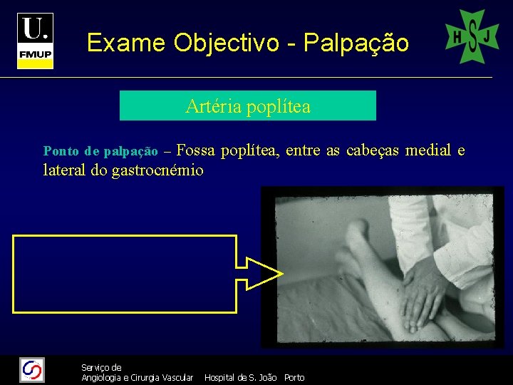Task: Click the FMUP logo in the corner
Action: (36, 41)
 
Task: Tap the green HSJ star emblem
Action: (472, 36)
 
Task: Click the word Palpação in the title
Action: (356, 43)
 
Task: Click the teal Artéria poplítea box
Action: (247, 106)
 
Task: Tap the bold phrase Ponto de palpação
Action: (100, 151)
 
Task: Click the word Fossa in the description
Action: (195, 150)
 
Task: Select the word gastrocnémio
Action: (157, 170)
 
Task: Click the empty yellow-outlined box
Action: (125, 274)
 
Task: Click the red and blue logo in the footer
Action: (32, 370)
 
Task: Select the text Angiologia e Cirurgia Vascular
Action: (137, 377)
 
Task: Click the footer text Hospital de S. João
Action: (240, 377)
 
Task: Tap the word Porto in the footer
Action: (294, 377)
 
